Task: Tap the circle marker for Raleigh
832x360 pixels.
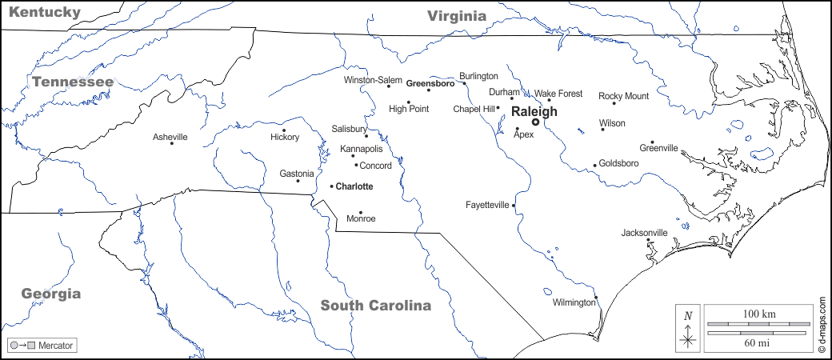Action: pos(535,122)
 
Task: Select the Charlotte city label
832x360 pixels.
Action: pos(354,186)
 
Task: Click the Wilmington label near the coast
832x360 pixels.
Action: pos(574,302)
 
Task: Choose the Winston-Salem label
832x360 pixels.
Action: pos(373,80)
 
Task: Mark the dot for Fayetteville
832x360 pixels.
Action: pos(514,206)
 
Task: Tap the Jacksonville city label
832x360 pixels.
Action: pos(644,233)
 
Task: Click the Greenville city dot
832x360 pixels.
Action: pos(652,142)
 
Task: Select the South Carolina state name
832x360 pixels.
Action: pos(375,305)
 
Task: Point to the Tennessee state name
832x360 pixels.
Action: pos(73,82)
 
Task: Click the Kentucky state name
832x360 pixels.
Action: pos(46,12)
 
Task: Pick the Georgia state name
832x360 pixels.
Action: pos(51,294)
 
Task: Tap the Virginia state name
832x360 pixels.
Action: pos(456,15)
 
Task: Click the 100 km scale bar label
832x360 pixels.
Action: pos(758,313)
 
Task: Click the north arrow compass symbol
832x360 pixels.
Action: pos(687,328)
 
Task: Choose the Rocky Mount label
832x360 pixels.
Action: pos(624,96)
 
